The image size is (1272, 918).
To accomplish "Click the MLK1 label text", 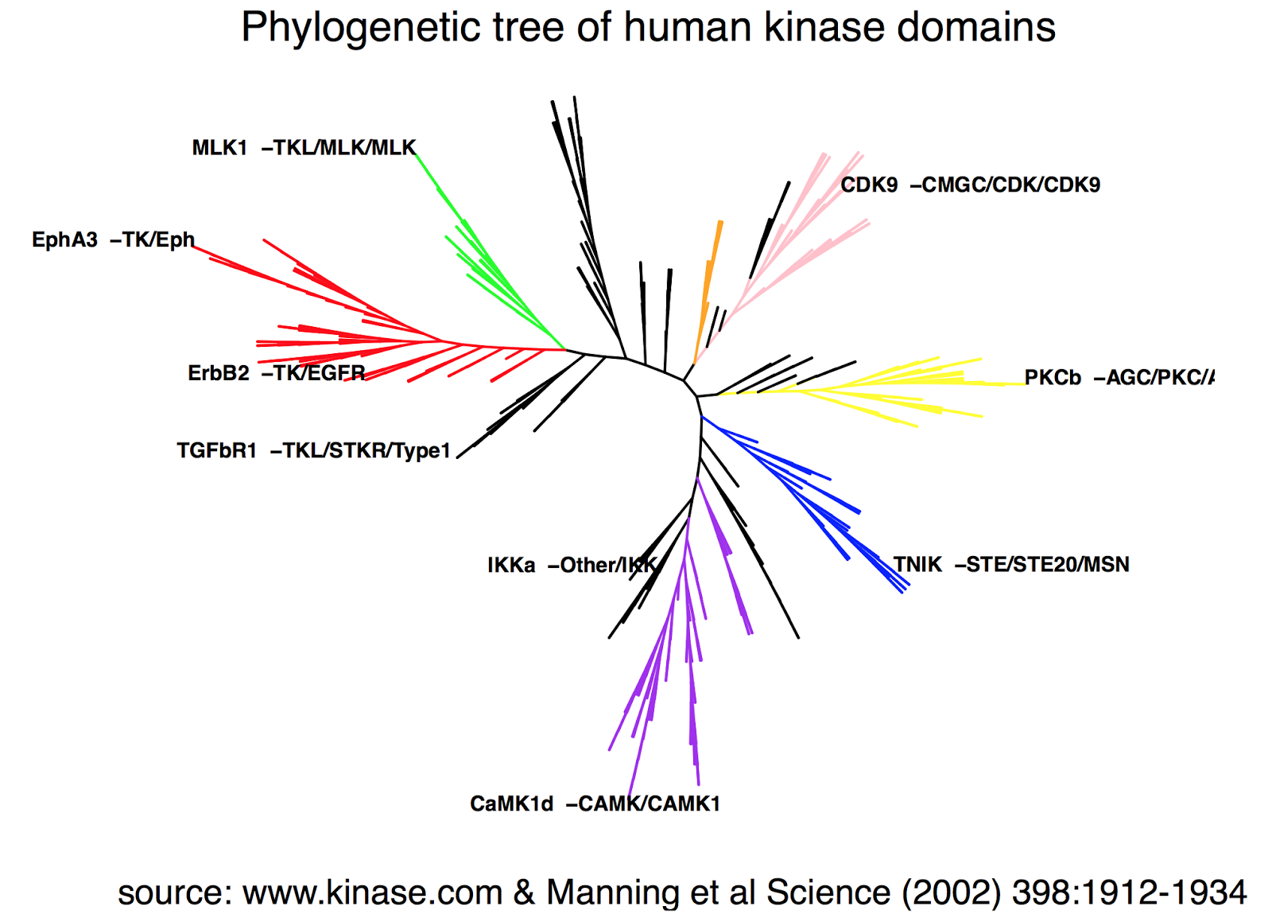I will pos(219,148).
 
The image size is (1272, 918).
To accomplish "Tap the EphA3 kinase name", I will pos(64,239).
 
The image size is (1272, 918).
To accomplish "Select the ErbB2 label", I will pos(219,373).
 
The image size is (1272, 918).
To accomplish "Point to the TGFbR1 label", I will pos(216,451).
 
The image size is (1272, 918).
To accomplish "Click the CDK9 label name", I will pos(869,185).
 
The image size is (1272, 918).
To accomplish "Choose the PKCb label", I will pos(1053,378).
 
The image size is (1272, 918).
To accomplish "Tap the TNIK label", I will pos(917,565).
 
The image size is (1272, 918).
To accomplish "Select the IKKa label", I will pos(511,566).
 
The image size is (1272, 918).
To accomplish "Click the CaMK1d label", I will pos(511,804).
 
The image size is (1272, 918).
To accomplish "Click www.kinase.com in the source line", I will pos(372,893).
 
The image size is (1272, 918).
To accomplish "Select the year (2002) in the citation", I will pos(952,893).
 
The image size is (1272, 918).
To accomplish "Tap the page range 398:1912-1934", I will pos(1129,893).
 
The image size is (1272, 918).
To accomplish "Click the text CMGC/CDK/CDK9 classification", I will pos(1010,185).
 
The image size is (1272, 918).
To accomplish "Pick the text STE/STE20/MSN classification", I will pos(1048,565).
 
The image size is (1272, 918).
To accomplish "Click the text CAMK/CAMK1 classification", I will pos(649,804).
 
